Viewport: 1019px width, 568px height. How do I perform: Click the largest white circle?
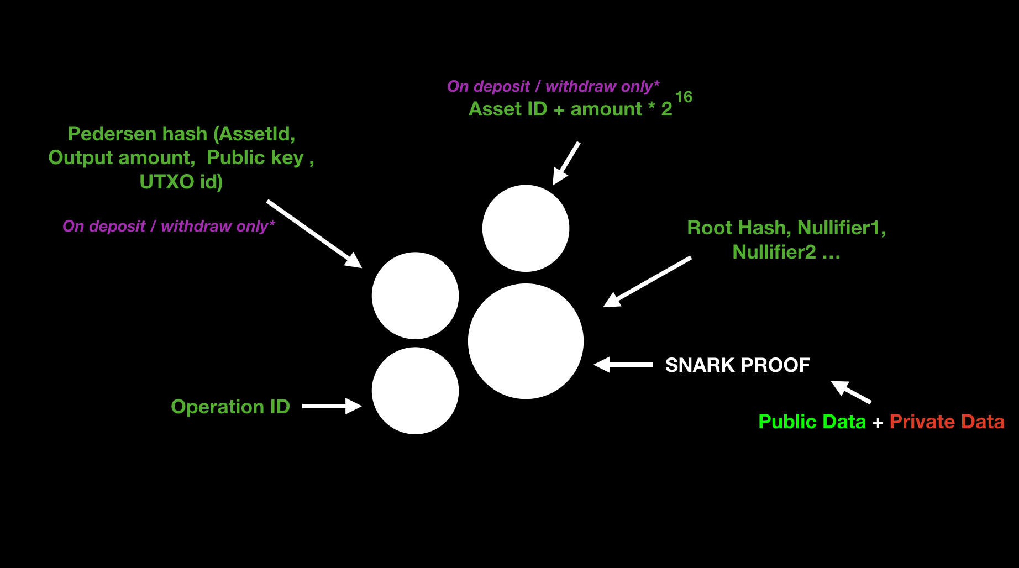(x=526, y=341)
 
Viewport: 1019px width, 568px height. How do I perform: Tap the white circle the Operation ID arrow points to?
(x=415, y=391)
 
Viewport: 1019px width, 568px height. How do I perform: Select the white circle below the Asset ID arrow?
(x=526, y=228)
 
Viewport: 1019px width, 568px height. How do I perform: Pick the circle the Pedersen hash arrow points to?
(x=415, y=296)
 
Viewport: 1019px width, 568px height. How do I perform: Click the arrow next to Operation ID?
(x=332, y=406)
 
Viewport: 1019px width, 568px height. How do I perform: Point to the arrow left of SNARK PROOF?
(x=623, y=365)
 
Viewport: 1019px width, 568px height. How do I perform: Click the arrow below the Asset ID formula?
(x=566, y=163)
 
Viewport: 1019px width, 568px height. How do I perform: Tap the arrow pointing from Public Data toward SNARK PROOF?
(x=851, y=391)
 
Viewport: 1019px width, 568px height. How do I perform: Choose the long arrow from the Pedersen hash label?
(x=314, y=234)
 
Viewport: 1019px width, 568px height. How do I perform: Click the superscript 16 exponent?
(x=684, y=97)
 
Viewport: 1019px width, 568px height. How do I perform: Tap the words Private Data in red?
(x=947, y=422)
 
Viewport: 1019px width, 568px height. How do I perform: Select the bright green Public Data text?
(x=812, y=422)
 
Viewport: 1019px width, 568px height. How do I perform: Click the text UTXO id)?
(x=181, y=182)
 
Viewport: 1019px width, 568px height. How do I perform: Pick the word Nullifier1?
(x=841, y=228)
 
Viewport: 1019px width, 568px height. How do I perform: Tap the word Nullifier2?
(x=774, y=252)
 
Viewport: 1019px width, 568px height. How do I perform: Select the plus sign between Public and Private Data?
(x=878, y=423)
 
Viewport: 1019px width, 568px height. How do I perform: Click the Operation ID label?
(x=230, y=407)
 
